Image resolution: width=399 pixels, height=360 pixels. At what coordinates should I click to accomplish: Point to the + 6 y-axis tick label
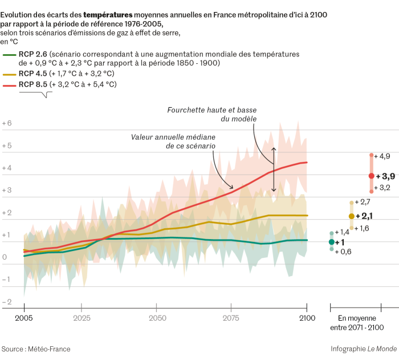7,123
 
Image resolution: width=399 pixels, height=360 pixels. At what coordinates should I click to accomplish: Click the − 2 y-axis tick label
7,302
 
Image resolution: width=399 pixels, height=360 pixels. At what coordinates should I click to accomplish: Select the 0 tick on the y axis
5,257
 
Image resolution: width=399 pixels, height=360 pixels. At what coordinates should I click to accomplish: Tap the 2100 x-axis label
307,318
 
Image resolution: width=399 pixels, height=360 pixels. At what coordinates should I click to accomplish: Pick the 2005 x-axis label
24,318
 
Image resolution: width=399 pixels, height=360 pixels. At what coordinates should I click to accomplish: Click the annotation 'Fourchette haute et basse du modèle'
212,114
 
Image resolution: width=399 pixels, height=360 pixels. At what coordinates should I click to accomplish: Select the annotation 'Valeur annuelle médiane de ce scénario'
173,141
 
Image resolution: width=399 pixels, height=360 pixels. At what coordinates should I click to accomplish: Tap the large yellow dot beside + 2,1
351,216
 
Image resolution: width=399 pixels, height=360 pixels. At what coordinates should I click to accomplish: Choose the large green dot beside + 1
331,242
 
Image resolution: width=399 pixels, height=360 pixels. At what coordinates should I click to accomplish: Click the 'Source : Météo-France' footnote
35,349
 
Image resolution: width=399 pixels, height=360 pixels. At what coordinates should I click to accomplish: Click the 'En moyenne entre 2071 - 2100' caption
357,322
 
